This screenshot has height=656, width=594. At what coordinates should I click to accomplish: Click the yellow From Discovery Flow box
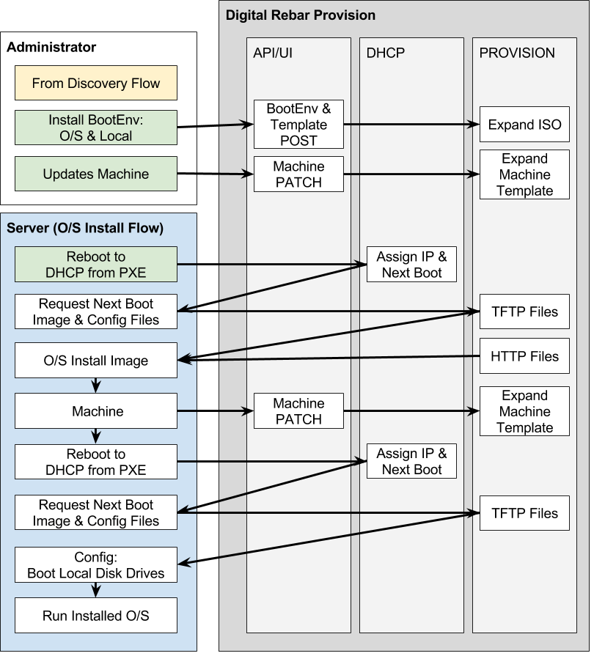96,83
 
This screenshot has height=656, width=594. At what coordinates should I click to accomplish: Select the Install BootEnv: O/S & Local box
96,128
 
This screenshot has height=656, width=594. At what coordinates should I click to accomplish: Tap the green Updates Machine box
96,174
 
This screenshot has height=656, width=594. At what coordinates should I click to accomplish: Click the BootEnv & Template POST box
298,125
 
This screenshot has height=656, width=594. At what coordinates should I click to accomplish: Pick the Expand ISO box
524,125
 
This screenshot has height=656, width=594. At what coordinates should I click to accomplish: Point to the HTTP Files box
524,356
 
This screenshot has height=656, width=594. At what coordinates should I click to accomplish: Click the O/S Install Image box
96,361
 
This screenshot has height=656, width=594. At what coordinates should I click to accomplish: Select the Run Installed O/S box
96,616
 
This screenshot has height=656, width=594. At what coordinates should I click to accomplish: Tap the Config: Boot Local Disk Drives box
96,565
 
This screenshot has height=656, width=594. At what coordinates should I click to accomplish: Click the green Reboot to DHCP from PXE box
96,265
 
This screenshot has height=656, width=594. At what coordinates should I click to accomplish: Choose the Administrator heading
51,48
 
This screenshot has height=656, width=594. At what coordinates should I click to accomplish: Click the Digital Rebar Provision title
300,15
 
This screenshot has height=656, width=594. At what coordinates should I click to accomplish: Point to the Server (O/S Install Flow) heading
85,229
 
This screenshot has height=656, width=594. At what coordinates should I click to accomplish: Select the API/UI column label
274,53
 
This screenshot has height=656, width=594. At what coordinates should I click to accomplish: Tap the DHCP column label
386,53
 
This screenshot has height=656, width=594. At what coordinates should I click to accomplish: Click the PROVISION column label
517,53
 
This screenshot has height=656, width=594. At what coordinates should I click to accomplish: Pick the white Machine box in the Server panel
96,411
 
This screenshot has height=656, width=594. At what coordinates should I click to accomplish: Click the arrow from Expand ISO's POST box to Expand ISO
411,125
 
